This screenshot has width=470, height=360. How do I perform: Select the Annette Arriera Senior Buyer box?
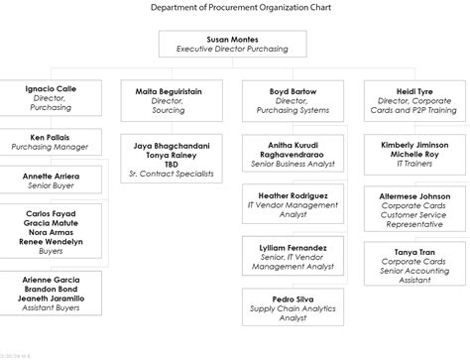point(51,180)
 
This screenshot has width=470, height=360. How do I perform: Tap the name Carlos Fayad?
point(51,213)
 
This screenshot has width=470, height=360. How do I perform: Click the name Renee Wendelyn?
point(51,241)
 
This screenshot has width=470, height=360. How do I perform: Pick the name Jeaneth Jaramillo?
point(51,298)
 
